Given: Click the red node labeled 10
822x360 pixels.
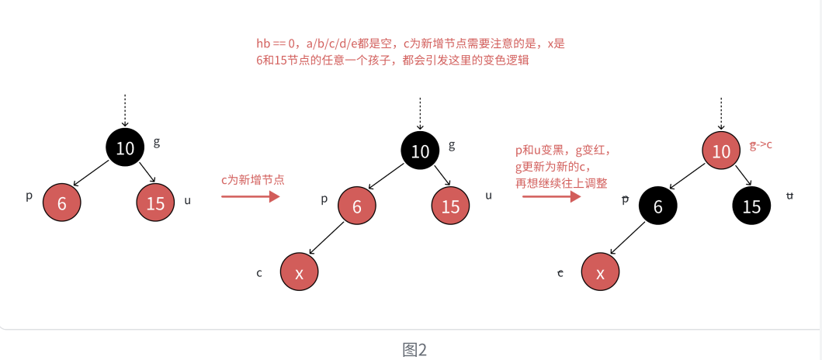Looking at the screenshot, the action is coord(721,151).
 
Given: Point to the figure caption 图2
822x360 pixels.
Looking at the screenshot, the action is coord(414,349).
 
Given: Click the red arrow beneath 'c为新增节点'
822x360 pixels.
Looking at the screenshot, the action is coord(250,197).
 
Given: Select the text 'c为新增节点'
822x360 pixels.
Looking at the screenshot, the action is coord(253,179).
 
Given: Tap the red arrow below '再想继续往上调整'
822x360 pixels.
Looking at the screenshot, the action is coord(551,197).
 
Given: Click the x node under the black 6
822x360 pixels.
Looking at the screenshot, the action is coord(601,272).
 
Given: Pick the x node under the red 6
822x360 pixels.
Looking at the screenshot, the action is coord(300,272).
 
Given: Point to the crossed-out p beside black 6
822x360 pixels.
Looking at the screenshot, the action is coord(625,199).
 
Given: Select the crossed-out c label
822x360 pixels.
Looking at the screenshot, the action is coord(560,272).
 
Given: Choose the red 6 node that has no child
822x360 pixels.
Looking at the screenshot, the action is coord(61,203).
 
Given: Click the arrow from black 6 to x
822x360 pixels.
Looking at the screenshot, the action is coord(629,237).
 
